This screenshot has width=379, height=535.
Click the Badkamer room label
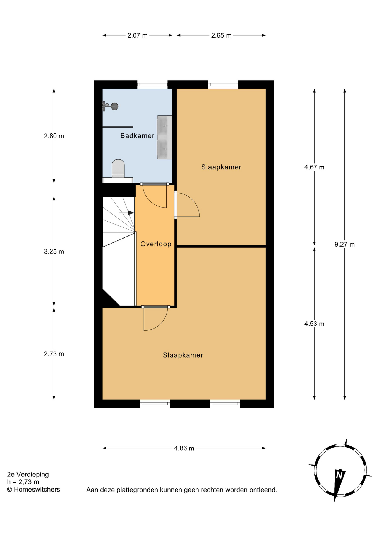tap(137, 136)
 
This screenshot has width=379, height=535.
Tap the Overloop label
tap(156, 244)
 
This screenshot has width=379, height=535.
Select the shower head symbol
tap(111, 106)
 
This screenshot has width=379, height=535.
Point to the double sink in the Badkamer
tap(165, 137)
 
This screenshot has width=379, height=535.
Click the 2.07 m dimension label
tap(138, 36)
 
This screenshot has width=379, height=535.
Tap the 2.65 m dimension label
tap(221, 36)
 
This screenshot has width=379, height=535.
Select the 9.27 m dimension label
tap(345, 244)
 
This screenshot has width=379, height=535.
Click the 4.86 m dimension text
tap(184, 448)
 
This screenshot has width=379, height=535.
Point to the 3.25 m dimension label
tap(54, 252)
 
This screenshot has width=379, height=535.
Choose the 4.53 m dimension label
tap(314, 324)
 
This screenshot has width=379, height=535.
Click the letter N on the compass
tap(339, 475)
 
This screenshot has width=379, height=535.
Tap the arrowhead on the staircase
tap(131, 213)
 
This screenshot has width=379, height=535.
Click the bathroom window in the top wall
tap(152, 84)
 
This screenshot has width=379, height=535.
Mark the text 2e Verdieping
tap(28, 475)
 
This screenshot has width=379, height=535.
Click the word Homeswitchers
tap(37, 490)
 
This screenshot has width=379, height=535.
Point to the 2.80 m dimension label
tap(54, 136)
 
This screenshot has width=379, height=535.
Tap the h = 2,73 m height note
tap(23, 482)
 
